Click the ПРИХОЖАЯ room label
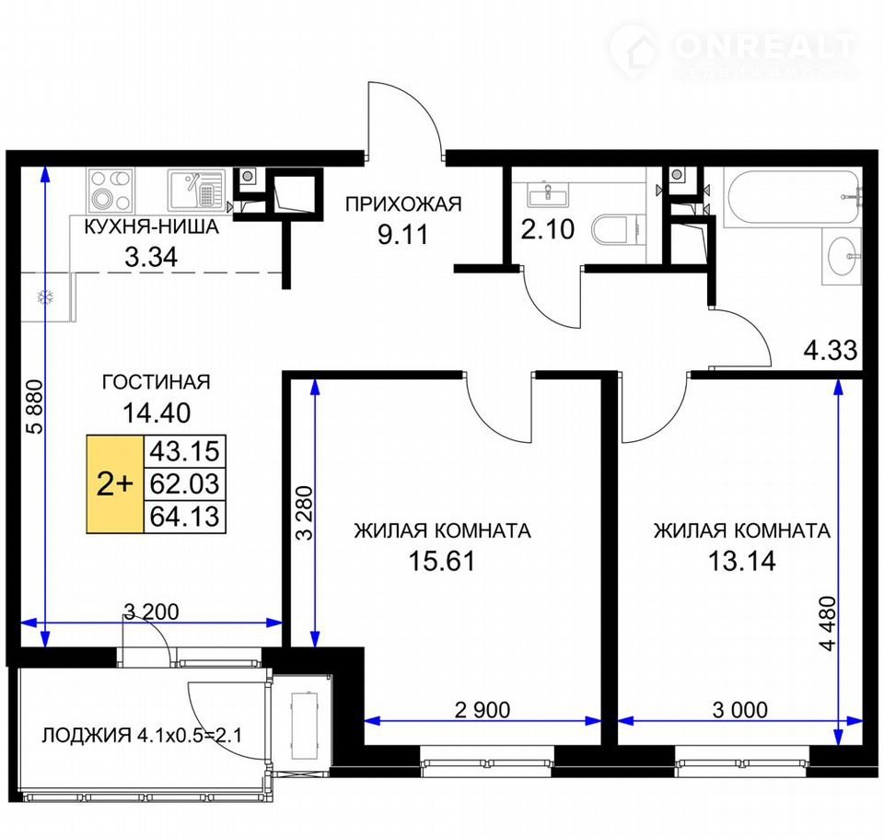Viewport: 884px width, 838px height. pyautogui.click(x=403, y=204)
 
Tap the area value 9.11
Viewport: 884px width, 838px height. pyautogui.click(x=403, y=234)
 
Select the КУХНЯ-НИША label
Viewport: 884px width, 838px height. pyautogui.click(x=151, y=227)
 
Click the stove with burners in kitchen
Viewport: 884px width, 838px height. pyautogui.click(x=111, y=190)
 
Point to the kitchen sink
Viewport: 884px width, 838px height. pyautogui.click(x=197, y=190)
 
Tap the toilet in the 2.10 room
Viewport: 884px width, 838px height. pyautogui.click(x=617, y=230)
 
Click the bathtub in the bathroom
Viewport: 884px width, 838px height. pyautogui.click(x=793, y=197)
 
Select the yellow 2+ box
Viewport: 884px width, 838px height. pyautogui.click(x=115, y=483)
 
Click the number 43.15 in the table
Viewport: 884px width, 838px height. pyautogui.click(x=184, y=451)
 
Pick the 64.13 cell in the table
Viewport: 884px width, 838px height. pyautogui.click(x=184, y=517)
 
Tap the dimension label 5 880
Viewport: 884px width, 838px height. pyautogui.click(x=35, y=406)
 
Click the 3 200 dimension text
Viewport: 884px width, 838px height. pyautogui.click(x=151, y=611)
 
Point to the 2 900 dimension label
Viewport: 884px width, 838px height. pyautogui.click(x=483, y=710)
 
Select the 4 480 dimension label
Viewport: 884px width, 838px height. pyautogui.click(x=828, y=623)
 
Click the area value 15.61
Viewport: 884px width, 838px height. pyautogui.click(x=442, y=561)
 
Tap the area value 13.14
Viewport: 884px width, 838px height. pyautogui.click(x=742, y=561)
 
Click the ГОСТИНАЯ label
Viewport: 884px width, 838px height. pyautogui.click(x=157, y=382)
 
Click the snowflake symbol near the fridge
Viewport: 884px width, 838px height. pyautogui.click(x=45, y=297)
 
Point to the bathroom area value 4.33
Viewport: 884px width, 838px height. pyautogui.click(x=831, y=350)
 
